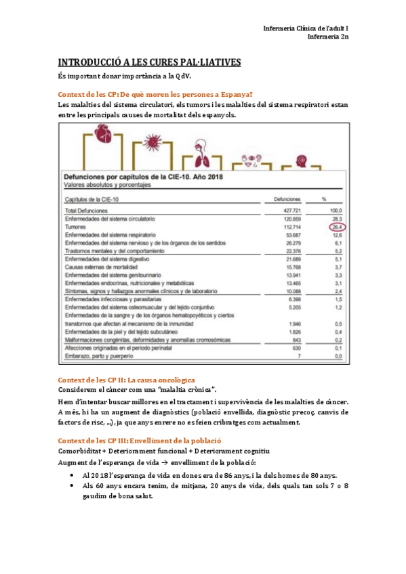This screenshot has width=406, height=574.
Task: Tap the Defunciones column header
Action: (x=287, y=200)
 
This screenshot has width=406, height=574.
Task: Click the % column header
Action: (x=324, y=200)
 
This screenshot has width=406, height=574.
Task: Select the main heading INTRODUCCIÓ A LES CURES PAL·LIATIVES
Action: (x=150, y=62)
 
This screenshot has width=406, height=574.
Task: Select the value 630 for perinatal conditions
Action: (x=296, y=347)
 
